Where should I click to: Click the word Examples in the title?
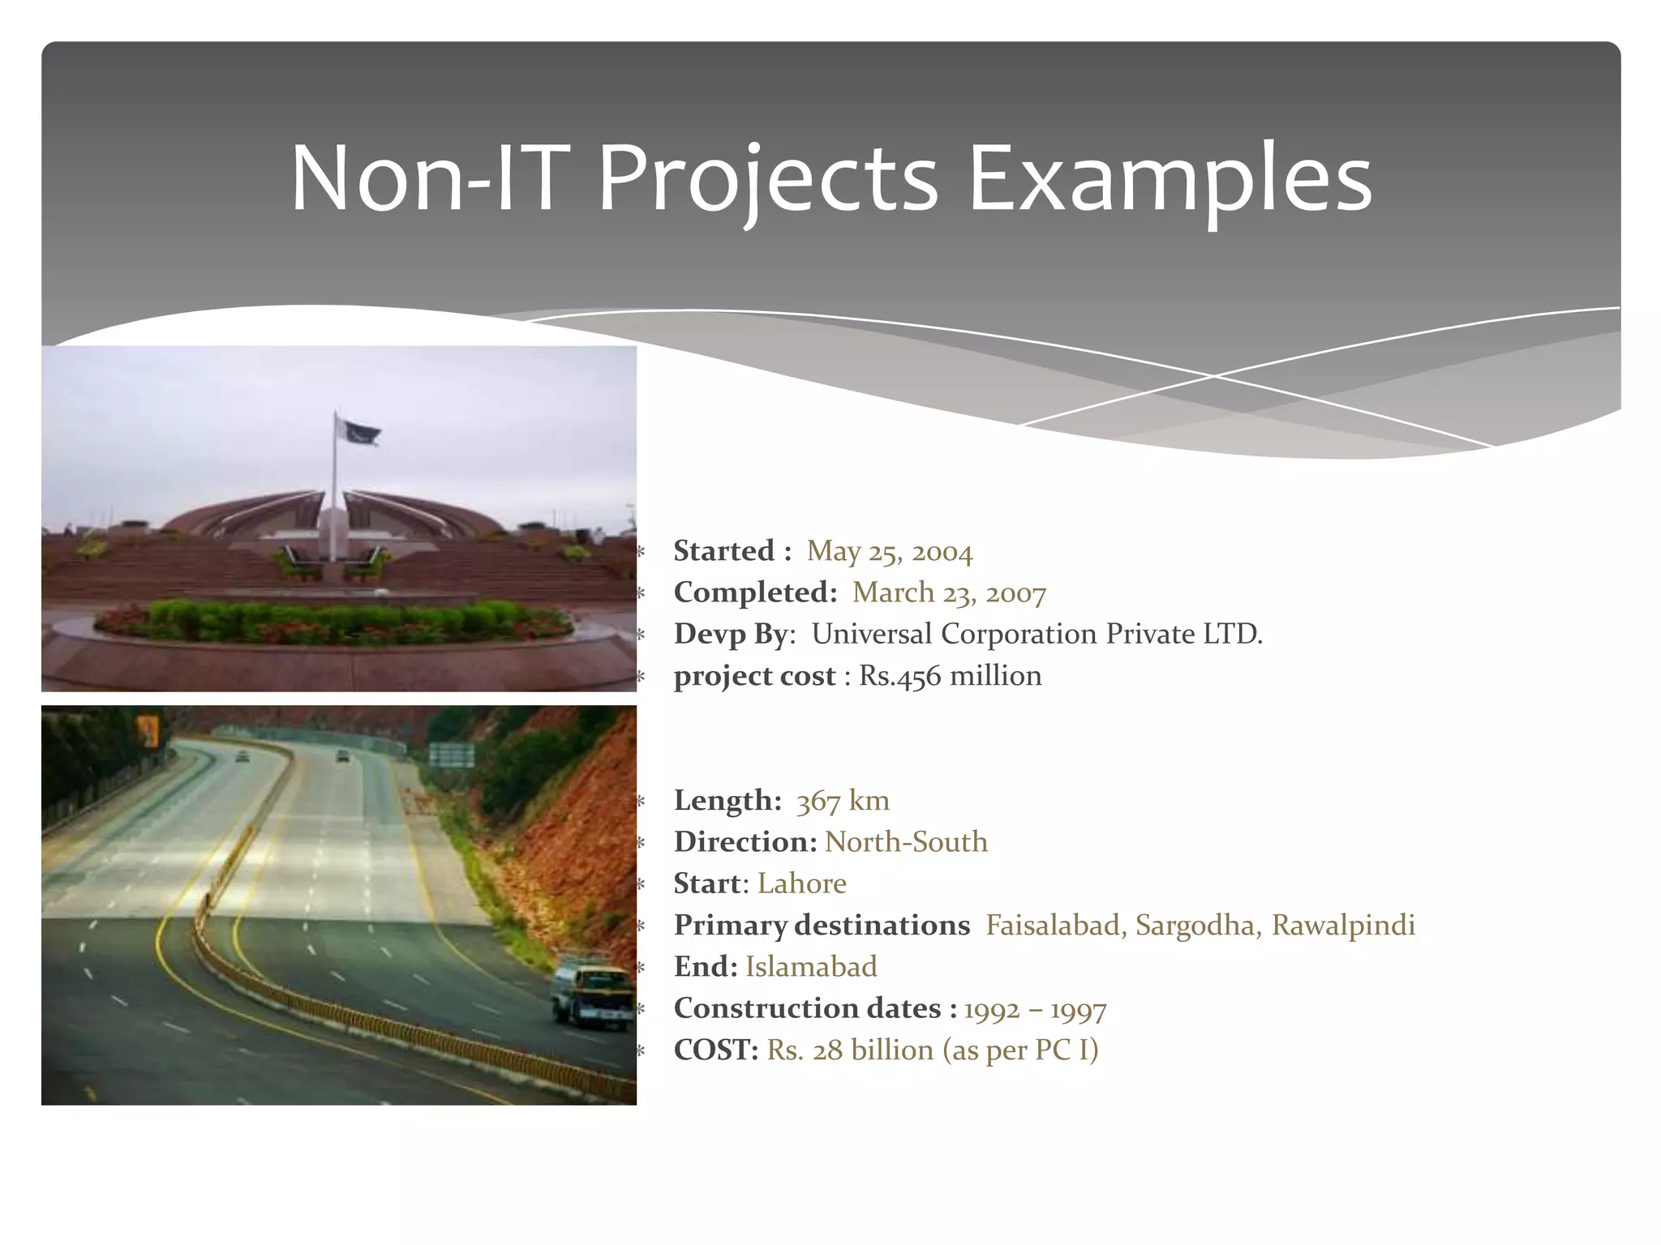pyautogui.click(x=1169, y=178)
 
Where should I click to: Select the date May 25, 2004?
pyautogui.click(x=889, y=552)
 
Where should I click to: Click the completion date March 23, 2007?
pyautogui.click(x=949, y=593)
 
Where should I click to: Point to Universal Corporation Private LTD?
pyautogui.click(x=1037, y=635)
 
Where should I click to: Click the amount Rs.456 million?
pyautogui.click(x=950, y=676)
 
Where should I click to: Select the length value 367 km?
pyautogui.click(x=843, y=801)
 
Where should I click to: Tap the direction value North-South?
pyautogui.click(x=906, y=842)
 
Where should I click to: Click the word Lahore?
pyautogui.click(x=801, y=883)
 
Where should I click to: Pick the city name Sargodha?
pyautogui.click(x=1196, y=926)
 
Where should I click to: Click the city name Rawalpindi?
pyautogui.click(x=1342, y=926)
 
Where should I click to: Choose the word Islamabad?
pyautogui.click(x=811, y=967)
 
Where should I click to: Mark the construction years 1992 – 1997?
pyautogui.click(x=1035, y=1009)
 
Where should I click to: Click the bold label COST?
pyautogui.click(x=715, y=1050)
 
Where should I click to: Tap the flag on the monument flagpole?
pyautogui.click(x=358, y=432)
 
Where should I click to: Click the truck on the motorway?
pyautogui.click(x=592, y=994)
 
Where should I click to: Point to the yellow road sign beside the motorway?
pyautogui.click(x=147, y=732)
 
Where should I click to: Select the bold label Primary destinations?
pyautogui.click(x=821, y=926)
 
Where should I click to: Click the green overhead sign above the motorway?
pyautogui.click(x=451, y=755)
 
